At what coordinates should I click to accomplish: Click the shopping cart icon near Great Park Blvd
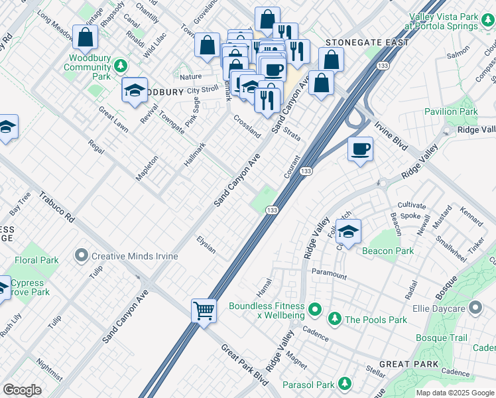point(204,310)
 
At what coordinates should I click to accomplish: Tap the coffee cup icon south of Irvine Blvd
point(360,149)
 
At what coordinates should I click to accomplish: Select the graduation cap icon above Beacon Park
point(348,231)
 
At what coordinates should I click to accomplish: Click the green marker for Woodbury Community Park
point(120,64)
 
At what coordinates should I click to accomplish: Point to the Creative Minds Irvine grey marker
point(82,255)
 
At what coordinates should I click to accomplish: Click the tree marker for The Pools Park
point(336,320)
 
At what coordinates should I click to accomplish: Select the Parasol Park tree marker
point(344,383)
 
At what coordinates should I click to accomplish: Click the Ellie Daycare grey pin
point(475,307)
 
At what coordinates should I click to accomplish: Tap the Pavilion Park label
point(451,111)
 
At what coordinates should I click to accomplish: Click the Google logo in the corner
point(22,390)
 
